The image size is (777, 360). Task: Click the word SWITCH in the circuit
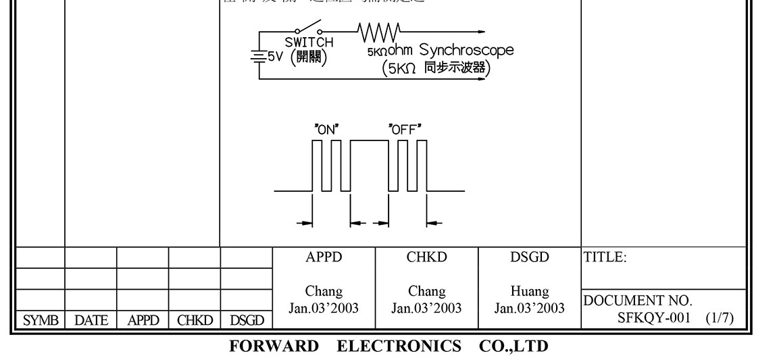click(x=309, y=43)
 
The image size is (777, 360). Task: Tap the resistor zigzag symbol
click(x=379, y=31)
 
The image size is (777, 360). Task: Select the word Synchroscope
click(x=466, y=50)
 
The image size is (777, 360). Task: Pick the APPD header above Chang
click(x=324, y=257)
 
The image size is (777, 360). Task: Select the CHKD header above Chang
click(x=427, y=257)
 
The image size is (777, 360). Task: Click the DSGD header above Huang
click(x=530, y=257)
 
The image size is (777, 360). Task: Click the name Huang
click(x=530, y=292)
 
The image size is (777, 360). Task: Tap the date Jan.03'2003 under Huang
click(x=530, y=308)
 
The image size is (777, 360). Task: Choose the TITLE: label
click(x=605, y=257)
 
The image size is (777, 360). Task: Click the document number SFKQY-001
click(x=654, y=317)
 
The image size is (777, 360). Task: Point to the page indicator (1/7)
click(x=720, y=317)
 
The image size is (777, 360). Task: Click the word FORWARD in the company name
click(x=274, y=346)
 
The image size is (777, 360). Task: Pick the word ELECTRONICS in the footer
click(x=399, y=346)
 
